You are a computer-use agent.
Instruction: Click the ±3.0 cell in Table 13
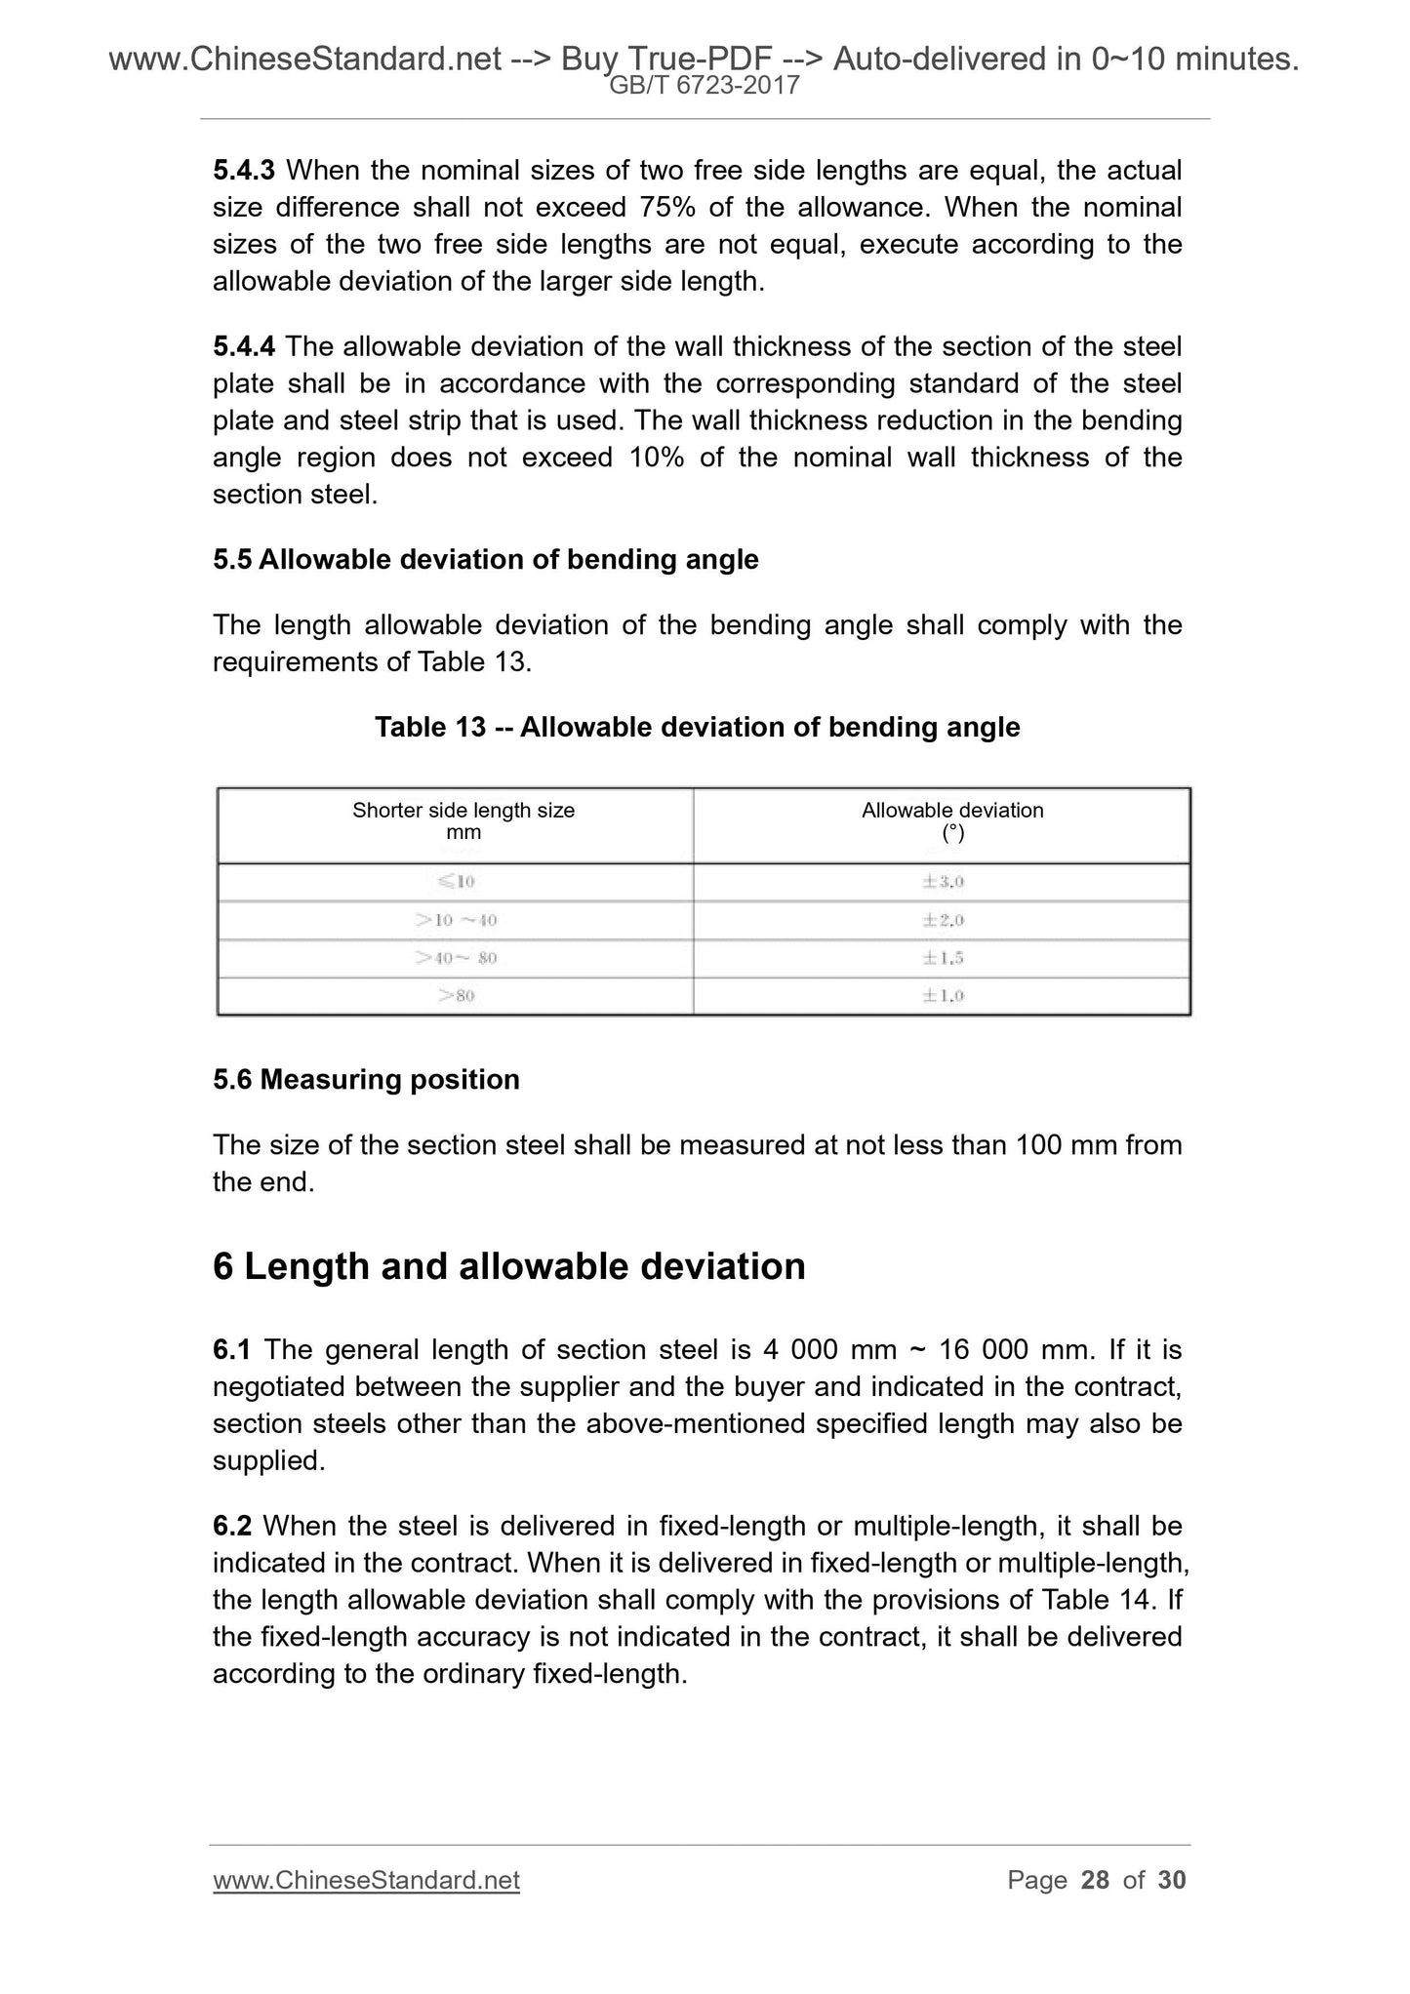[x=943, y=882]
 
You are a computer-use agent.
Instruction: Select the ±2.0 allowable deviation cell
[x=943, y=920]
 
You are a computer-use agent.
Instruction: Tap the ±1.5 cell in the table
[x=943, y=958]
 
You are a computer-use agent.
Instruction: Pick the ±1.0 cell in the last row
[x=943, y=996]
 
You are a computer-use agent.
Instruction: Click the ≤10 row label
[x=456, y=882]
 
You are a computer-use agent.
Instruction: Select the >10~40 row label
[x=456, y=920]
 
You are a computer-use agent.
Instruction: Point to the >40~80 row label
[x=456, y=958]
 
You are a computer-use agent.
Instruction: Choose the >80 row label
[x=456, y=996]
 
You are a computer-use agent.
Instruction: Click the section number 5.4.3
[x=244, y=171]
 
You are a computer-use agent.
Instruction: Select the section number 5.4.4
[x=244, y=346]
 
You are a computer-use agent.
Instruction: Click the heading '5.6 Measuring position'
[x=366, y=1080]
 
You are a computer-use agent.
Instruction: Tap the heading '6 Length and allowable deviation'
[x=508, y=1267]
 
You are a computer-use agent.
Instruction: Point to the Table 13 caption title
[x=697, y=728]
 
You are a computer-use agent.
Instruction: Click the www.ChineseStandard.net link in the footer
[x=366, y=1880]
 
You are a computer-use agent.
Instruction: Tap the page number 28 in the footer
[x=1095, y=1880]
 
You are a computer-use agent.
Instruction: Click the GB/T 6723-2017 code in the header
[x=704, y=86]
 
